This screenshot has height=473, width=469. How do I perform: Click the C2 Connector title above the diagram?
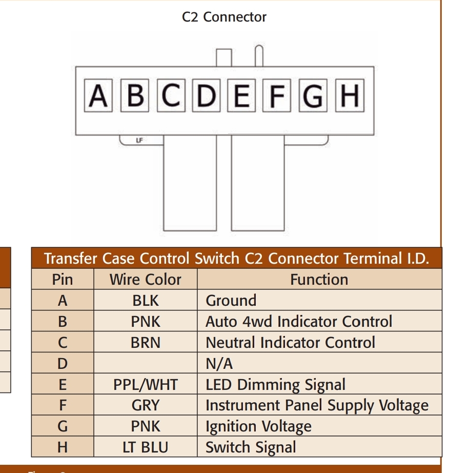coord(224,17)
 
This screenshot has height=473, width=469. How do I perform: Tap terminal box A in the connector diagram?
coord(98,95)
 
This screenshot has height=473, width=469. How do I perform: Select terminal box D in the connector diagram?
coord(206,95)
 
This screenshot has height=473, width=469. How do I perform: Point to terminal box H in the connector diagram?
coord(350,95)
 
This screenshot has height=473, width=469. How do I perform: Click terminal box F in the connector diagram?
coord(277,95)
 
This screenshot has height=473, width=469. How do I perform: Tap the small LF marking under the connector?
coord(139,140)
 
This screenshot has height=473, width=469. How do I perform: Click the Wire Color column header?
coord(145,279)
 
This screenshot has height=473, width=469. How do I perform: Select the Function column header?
coord(319,279)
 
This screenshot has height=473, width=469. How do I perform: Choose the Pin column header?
coord(63,279)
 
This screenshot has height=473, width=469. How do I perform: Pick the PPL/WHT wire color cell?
coord(145,385)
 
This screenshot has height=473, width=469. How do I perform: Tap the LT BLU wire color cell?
coord(145,447)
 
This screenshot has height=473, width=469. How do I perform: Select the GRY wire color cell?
coord(145,405)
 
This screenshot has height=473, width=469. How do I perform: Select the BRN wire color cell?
coord(145,342)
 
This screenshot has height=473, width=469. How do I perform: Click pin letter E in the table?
coord(63,385)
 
